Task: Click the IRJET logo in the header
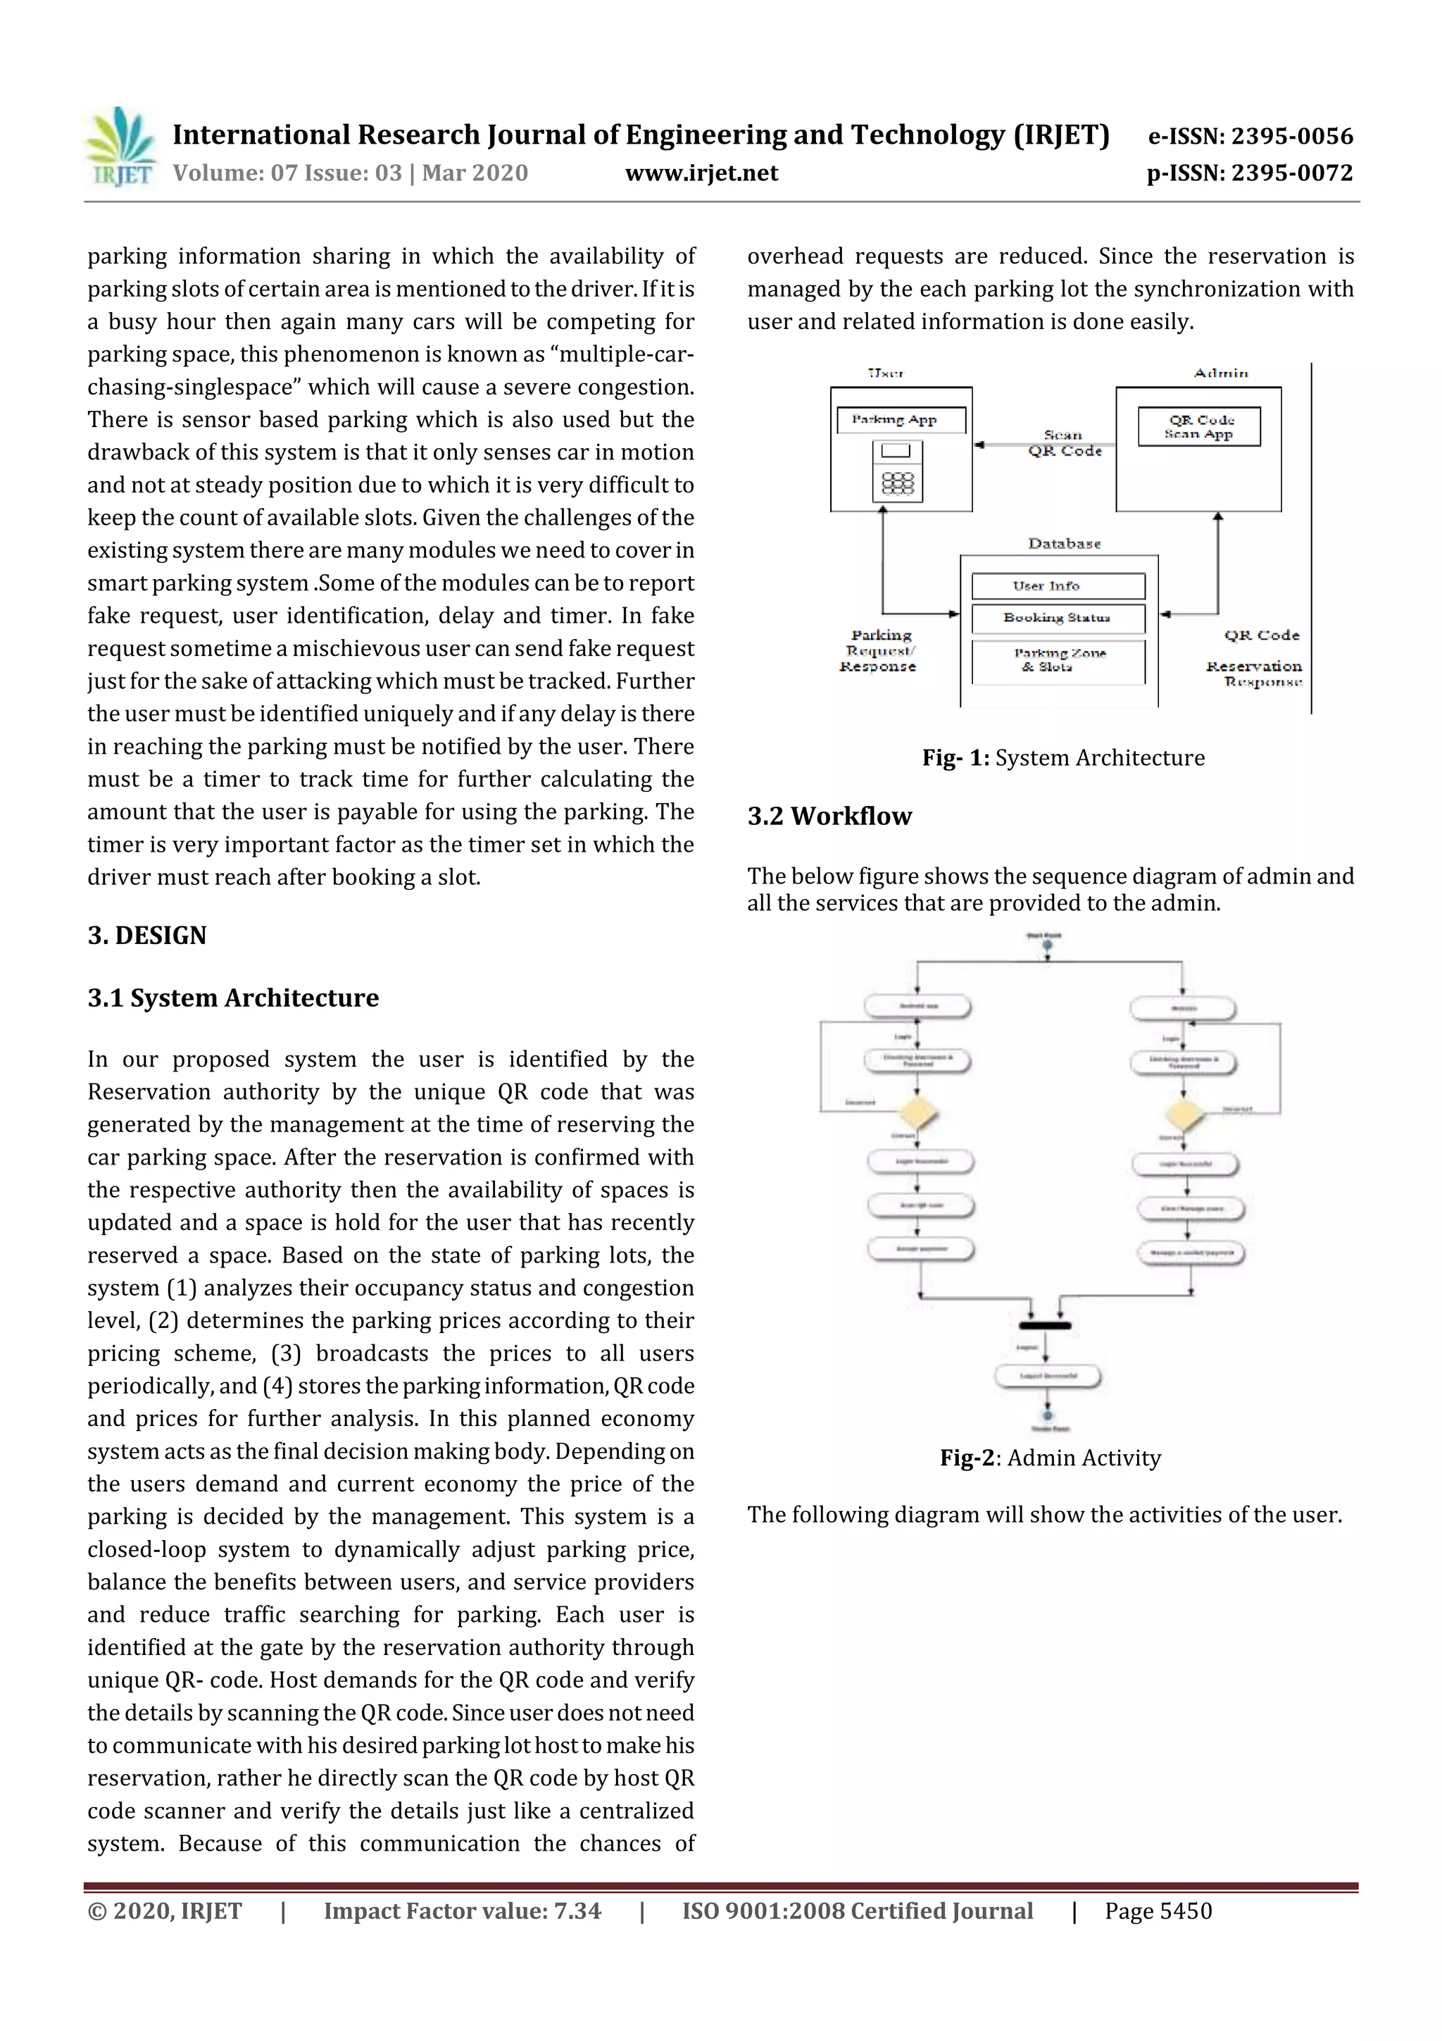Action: tap(122, 147)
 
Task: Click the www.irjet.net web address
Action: tap(701, 173)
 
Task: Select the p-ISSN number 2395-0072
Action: tap(1249, 173)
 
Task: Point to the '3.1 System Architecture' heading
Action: tap(233, 998)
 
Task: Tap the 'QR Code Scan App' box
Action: tap(1198, 427)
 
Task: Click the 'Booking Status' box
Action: tap(1058, 618)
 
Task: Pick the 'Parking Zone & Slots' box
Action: tap(1058, 660)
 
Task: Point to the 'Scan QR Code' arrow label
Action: tap(1065, 442)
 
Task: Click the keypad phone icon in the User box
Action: tap(897, 471)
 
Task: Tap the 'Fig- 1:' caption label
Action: tap(955, 758)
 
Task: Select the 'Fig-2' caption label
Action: tap(967, 1459)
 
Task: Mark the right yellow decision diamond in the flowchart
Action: tap(1184, 1113)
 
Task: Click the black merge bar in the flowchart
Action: tap(1045, 1325)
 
